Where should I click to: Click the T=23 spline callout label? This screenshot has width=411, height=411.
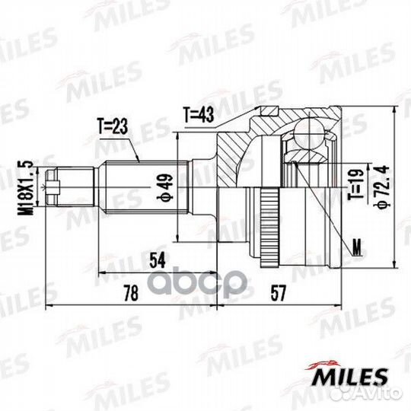tap(112, 126)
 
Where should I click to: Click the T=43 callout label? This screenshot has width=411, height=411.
tap(199, 115)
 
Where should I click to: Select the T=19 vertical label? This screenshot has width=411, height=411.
tap(356, 183)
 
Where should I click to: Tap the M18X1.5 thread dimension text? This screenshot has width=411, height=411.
tap(25, 188)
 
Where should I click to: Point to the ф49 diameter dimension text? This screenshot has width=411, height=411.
tap(165, 187)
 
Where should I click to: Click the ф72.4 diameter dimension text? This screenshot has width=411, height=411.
tap(381, 186)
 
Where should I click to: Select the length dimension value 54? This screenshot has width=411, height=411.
tap(158, 260)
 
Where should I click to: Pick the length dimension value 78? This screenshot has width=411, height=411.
tap(131, 293)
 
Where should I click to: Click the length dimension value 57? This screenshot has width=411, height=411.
tap(278, 293)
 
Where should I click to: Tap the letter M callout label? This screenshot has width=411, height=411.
tap(356, 247)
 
